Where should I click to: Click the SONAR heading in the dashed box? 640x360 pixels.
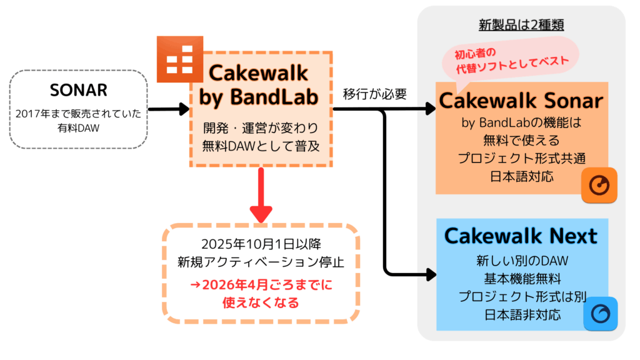tap(79, 89)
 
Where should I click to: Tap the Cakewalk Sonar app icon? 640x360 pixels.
tap(599, 184)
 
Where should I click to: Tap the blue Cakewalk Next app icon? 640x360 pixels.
tap(600, 313)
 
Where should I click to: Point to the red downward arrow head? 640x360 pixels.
tap(260, 212)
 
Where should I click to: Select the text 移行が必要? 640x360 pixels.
tap(375, 94)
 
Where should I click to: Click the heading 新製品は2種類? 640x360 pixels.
tap(521, 25)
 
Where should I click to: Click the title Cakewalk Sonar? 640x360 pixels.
tap(521, 101)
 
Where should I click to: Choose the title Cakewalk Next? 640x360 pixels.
tap(521, 235)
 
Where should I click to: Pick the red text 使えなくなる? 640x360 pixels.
tap(260, 303)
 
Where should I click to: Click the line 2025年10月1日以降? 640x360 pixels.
tap(260, 243)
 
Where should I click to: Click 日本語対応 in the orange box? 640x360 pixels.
tap(521, 176)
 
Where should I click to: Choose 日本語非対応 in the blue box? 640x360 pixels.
tap(521, 314)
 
